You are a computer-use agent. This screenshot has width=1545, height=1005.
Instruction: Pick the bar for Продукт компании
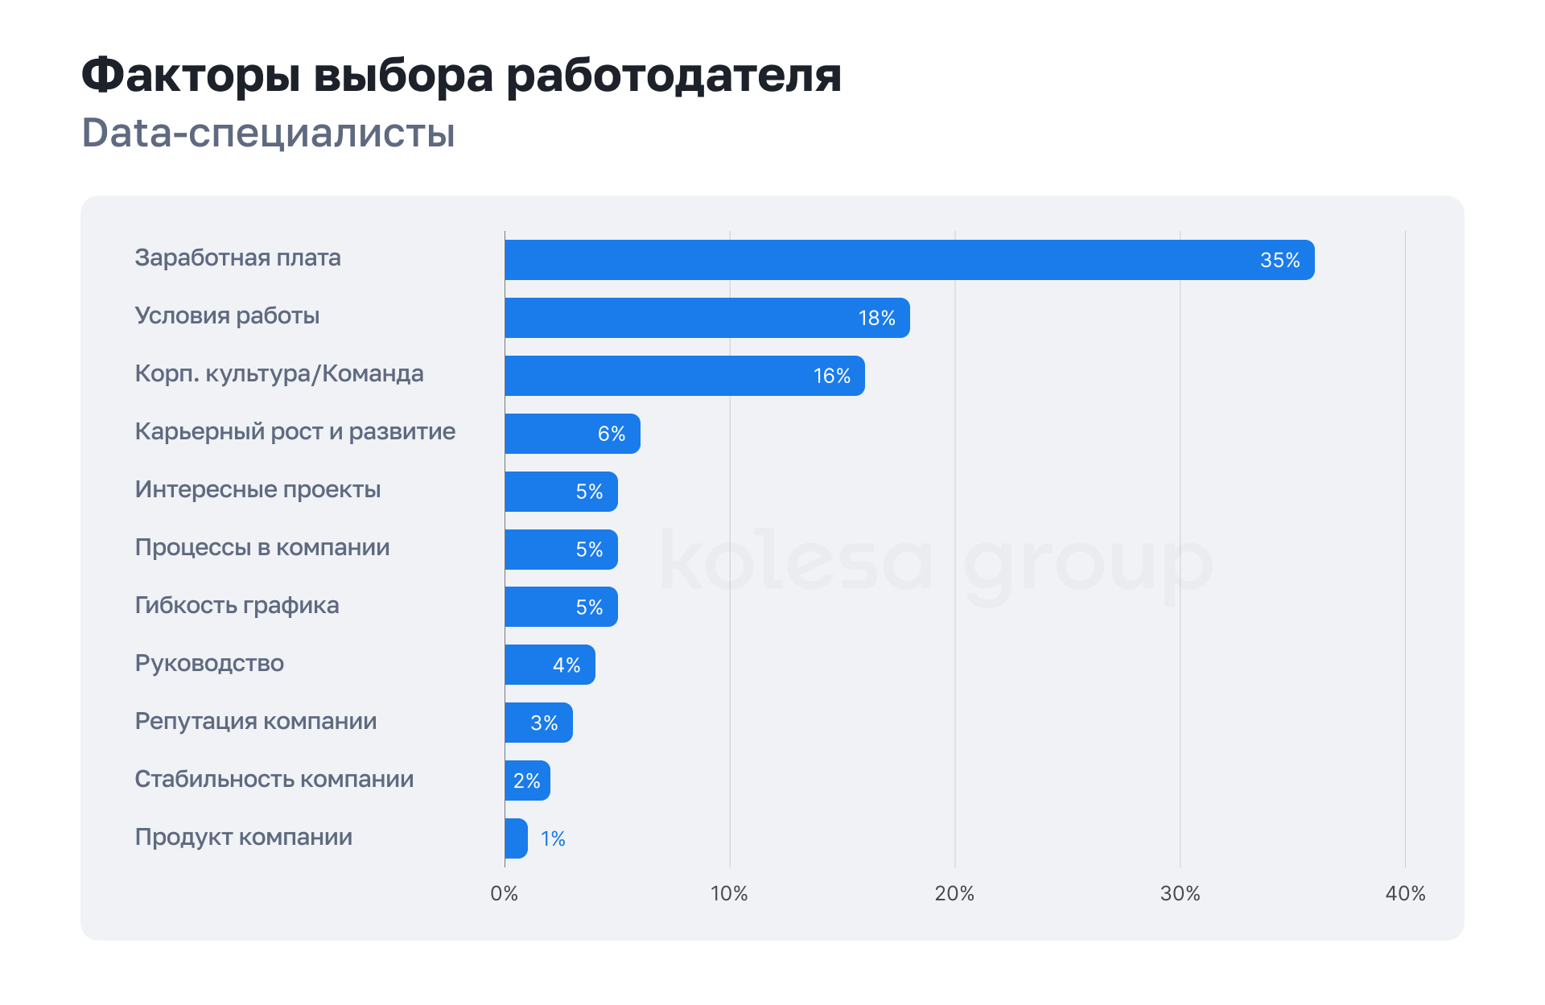coord(516,838)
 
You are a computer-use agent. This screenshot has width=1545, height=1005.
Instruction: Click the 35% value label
coord(1279,260)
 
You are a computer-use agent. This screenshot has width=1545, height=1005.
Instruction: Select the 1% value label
coord(553,838)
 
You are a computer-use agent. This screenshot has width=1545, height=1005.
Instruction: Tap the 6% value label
coord(612,434)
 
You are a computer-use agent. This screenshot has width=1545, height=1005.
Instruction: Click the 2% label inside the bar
coord(527,781)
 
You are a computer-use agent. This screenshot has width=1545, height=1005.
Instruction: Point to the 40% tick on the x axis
coord(1405,893)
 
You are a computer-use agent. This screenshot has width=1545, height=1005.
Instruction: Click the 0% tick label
coord(505,893)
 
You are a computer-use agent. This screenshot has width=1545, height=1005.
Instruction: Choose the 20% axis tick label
coord(954,893)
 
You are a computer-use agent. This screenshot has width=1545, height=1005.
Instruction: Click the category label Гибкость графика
coord(237,605)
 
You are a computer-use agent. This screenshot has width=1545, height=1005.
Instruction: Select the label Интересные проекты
coord(257,489)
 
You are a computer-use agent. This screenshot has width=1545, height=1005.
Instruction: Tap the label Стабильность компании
coord(274,779)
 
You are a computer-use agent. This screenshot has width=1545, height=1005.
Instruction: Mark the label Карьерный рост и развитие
coord(295,431)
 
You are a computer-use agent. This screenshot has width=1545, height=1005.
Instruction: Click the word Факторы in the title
coord(191,75)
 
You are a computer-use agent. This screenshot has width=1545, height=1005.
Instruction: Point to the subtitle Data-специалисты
coord(268,133)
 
